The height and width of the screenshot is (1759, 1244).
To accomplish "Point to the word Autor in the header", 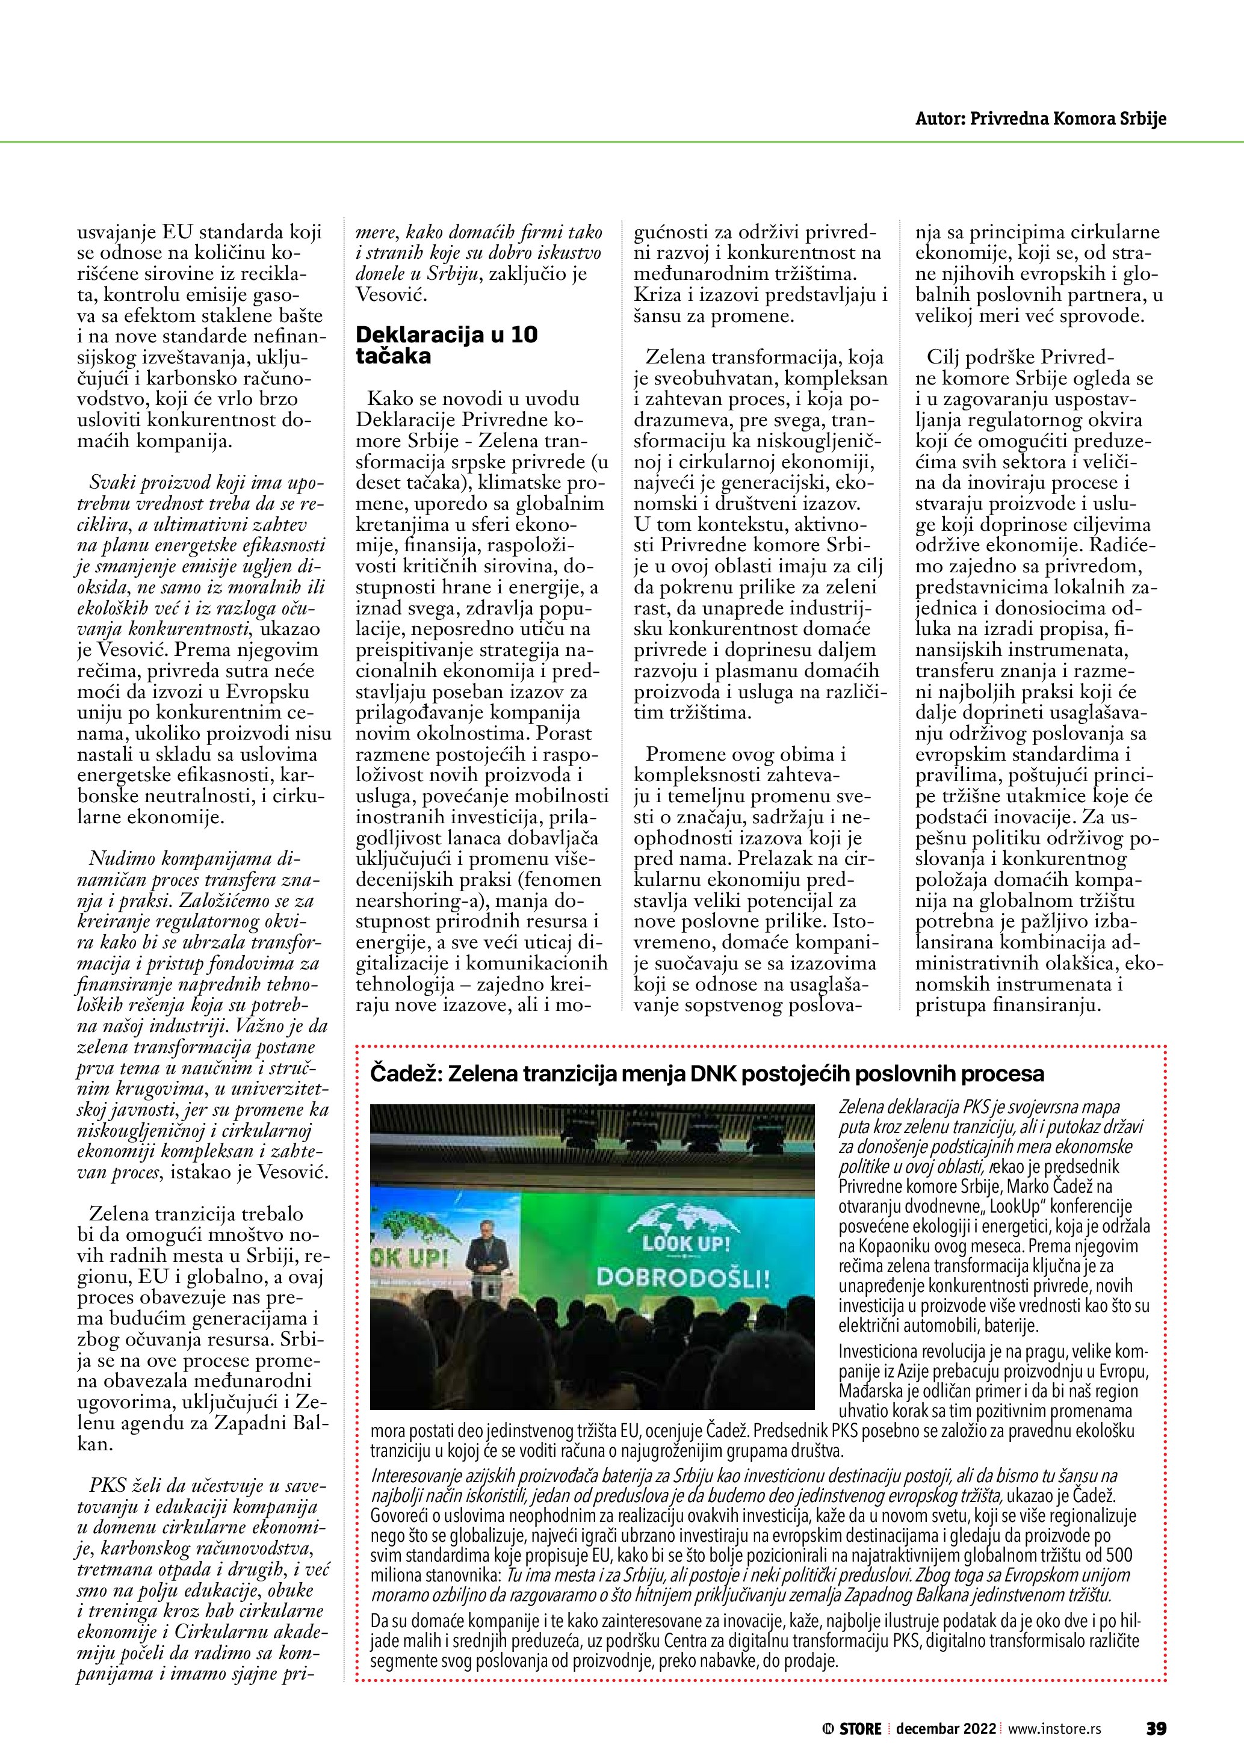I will pos(938,119).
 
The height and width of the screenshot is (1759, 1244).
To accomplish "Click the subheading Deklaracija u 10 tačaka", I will pos(447,345).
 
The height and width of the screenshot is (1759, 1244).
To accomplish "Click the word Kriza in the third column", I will pos(658,294).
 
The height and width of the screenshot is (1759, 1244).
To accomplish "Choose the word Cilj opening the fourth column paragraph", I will pos(944,357).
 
